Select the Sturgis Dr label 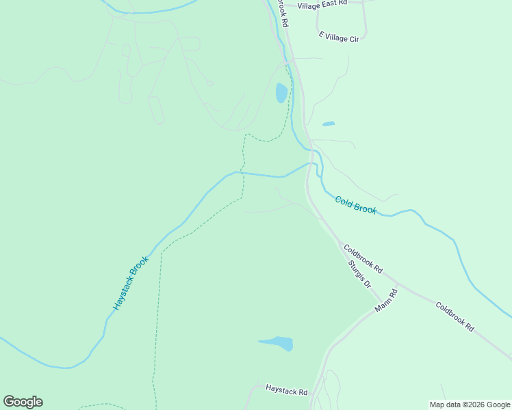tap(359, 274)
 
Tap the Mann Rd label tap(386, 301)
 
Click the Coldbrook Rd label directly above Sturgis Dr tap(363, 260)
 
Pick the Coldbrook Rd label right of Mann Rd tap(455, 317)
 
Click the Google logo tap(23, 402)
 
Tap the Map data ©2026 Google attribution tap(470, 405)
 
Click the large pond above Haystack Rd tap(278, 343)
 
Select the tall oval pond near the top tap(281, 92)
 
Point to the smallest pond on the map tap(329, 124)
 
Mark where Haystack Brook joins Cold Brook tap(311, 163)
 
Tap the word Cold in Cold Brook tap(343, 201)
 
